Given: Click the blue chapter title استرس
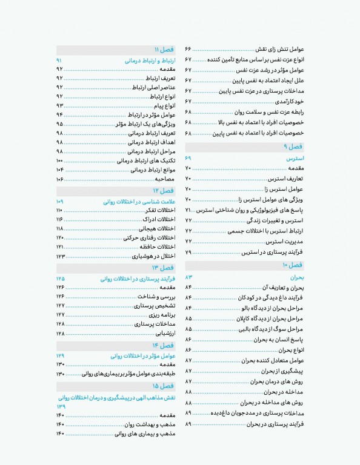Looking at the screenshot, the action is (295, 157).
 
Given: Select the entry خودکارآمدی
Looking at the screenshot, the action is (290, 101).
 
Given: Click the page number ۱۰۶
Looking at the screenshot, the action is (59, 180).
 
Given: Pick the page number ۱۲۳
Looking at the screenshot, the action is (59, 257).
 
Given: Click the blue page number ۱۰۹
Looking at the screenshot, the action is (59, 201).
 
